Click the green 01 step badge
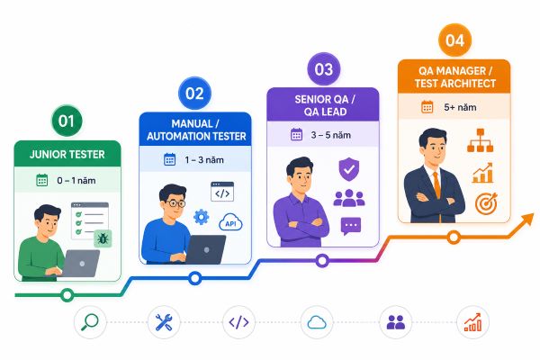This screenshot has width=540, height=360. pyautogui.click(x=67, y=121)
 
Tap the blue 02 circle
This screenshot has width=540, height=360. pyautogui.click(x=194, y=94)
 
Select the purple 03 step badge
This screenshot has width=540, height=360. pyautogui.click(x=324, y=69)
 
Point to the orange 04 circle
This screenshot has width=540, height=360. pyautogui.click(x=454, y=40)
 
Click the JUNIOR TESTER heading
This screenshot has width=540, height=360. pyautogui.click(x=67, y=154)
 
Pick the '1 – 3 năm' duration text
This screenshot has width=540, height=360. pyautogui.click(x=204, y=160)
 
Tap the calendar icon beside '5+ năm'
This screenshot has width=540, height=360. pyautogui.click(x=427, y=107)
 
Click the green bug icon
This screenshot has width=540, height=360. pyautogui.click(x=103, y=238)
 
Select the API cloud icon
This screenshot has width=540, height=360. pyautogui.click(x=230, y=223)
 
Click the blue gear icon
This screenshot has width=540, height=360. pyautogui.click(x=201, y=217)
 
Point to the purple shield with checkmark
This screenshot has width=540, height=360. pyautogui.click(x=349, y=169)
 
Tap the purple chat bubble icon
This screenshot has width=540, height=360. pyautogui.click(x=351, y=226)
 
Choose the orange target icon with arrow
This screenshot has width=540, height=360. pyautogui.click(x=486, y=203)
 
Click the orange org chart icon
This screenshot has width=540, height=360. pyautogui.click(x=480, y=140)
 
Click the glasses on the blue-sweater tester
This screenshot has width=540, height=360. pyautogui.click(x=176, y=202)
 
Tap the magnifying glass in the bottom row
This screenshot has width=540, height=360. pyautogui.click(x=90, y=322)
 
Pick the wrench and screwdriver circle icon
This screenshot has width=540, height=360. pyautogui.click(x=164, y=322)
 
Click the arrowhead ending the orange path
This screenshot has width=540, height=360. pyautogui.click(x=526, y=220)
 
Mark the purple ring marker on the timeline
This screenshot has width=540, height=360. pyautogui.click(x=322, y=261)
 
